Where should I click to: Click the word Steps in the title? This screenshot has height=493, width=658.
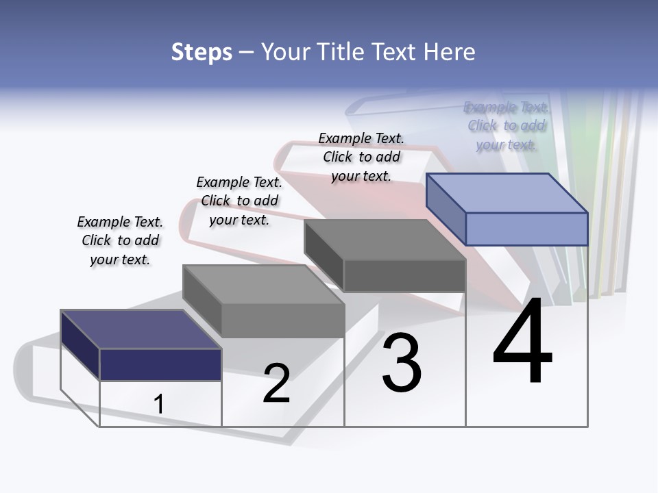pos(202,52)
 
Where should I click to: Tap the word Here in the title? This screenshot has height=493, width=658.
pos(449,52)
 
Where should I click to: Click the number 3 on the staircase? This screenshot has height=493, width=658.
pos(402,363)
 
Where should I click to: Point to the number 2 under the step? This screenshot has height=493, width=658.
pos(277,383)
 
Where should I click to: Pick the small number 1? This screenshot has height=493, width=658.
pos(158,405)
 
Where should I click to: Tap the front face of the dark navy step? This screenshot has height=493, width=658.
pos(160,364)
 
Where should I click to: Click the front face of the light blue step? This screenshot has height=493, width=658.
pos(526,229)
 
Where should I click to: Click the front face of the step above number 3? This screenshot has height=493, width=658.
pos(404,275)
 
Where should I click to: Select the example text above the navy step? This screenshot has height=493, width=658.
pos(120,241)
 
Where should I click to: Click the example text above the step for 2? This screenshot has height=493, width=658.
pos(239,201)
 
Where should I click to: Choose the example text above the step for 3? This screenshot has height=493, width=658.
pos(361,157)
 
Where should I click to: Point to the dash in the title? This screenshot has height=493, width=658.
pos(246,53)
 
